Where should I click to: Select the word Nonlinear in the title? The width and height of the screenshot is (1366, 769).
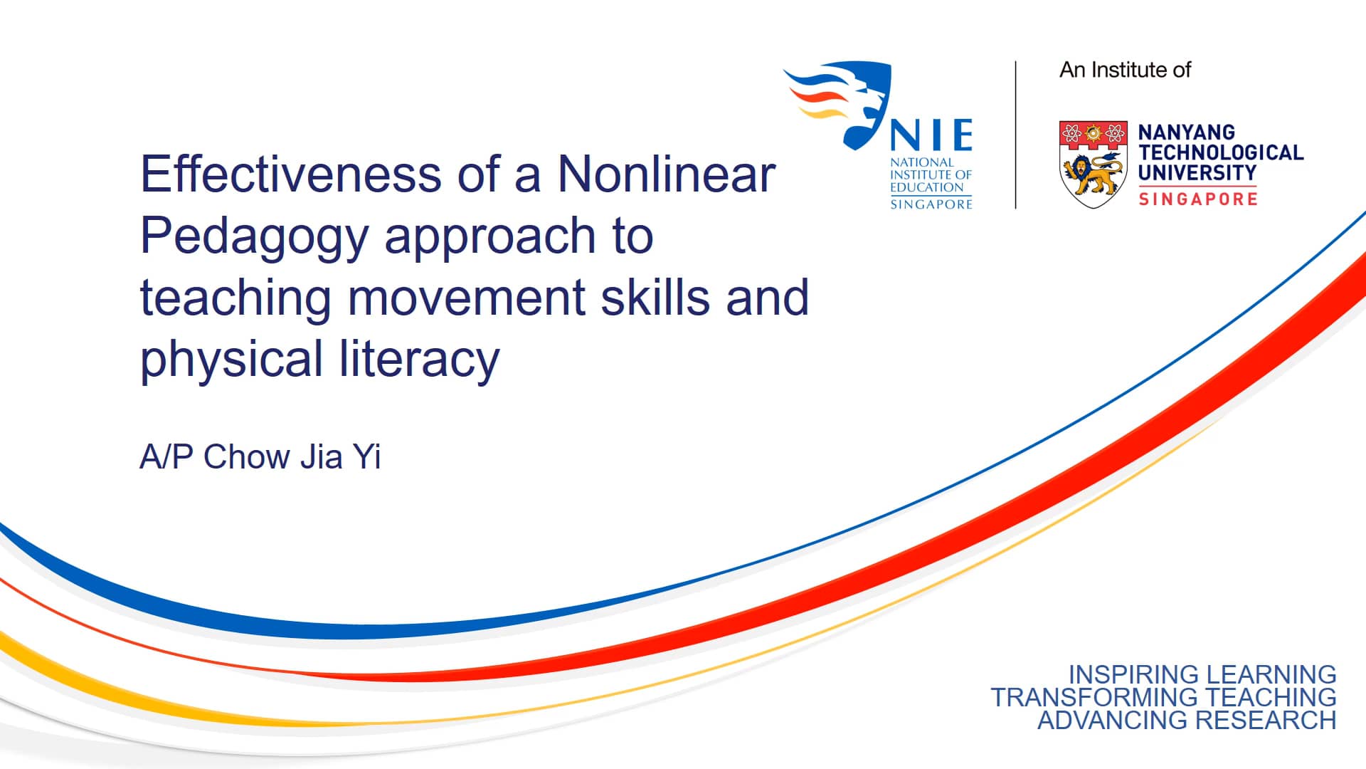[666, 174]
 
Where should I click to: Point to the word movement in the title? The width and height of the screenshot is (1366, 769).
[467, 298]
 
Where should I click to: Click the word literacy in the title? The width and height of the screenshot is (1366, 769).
[419, 359]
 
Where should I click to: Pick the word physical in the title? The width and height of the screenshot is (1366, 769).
[231, 360]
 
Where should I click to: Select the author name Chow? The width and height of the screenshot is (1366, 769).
[246, 456]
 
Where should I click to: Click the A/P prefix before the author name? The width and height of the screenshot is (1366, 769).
[166, 456]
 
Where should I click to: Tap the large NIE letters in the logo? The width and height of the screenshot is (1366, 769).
[932, 135]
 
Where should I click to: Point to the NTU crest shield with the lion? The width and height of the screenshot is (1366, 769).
[1094, 164]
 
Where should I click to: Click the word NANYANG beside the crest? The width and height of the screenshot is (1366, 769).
[1186, 132]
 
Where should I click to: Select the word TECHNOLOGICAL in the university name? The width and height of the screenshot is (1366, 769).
[1221, 152]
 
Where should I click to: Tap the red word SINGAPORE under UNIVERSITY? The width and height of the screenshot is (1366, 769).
[1198, 199]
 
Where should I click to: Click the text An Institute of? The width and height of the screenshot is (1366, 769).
[1125, 70]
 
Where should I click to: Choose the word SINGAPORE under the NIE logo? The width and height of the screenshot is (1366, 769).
[931, 204]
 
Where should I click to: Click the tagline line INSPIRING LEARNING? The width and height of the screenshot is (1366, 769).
[1202, 674]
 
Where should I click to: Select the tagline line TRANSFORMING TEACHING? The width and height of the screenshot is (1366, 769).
[1163, 697]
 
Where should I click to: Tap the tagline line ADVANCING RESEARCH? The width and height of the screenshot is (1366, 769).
[1187, 720]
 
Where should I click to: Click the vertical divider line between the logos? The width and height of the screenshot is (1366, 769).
[1015, 135]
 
